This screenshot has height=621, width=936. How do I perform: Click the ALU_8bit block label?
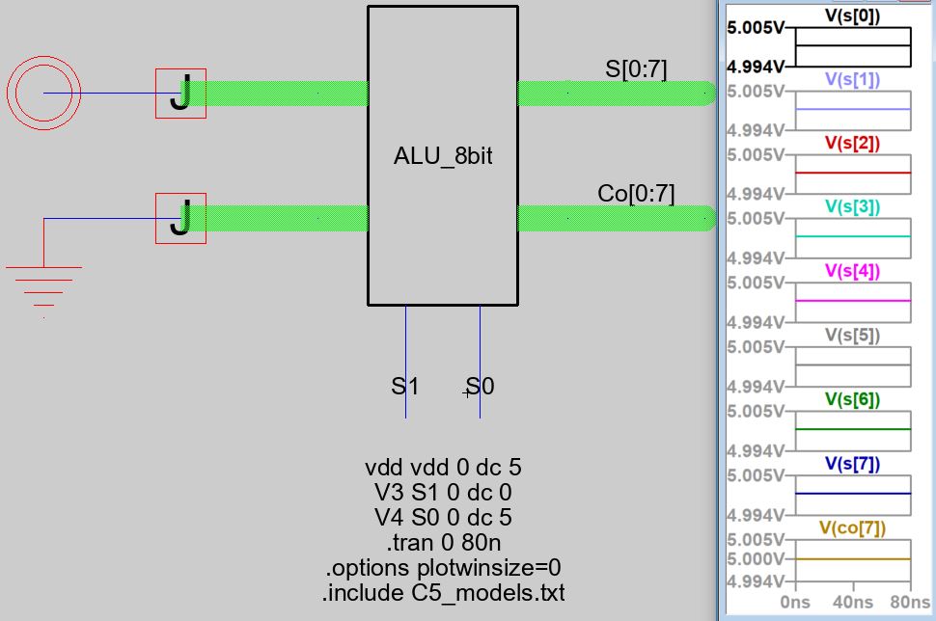(443, 156)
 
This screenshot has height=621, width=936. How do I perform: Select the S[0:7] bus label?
(636, 68)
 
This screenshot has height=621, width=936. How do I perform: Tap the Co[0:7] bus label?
(636, 194)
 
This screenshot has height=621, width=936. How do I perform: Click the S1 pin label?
(404, 387)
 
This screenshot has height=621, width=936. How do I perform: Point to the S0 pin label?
(480, 387)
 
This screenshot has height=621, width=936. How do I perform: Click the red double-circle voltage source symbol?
(43, 94)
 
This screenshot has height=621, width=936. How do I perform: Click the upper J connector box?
(180, 94)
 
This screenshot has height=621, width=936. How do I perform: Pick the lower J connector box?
(180, 219)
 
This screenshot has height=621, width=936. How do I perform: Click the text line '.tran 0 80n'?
(443, 542)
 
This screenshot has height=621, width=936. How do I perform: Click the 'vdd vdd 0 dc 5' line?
(443, 468)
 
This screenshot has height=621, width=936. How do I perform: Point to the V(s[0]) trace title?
(852, 15)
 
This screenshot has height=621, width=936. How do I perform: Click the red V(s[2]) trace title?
(852, 143)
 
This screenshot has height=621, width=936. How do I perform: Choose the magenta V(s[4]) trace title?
(852, 271)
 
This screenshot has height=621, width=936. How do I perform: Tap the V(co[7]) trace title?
(852, 527)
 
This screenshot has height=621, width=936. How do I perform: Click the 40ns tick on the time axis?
(852, 603)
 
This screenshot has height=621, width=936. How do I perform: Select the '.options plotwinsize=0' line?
(443, 567)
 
